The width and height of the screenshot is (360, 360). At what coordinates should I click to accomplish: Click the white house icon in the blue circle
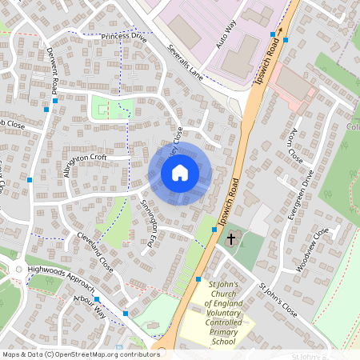tap(180, 173)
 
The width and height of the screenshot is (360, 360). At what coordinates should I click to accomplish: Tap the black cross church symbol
tap(231, 238)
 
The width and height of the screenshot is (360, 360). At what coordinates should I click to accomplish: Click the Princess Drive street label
tap(124, 37)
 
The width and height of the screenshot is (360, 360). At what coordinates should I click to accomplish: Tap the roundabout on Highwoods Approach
tap(18, 269)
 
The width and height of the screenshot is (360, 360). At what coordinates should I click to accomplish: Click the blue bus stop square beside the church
tap(214, 230)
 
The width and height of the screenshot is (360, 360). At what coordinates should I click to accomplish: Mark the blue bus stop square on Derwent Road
tap(47, 109)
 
